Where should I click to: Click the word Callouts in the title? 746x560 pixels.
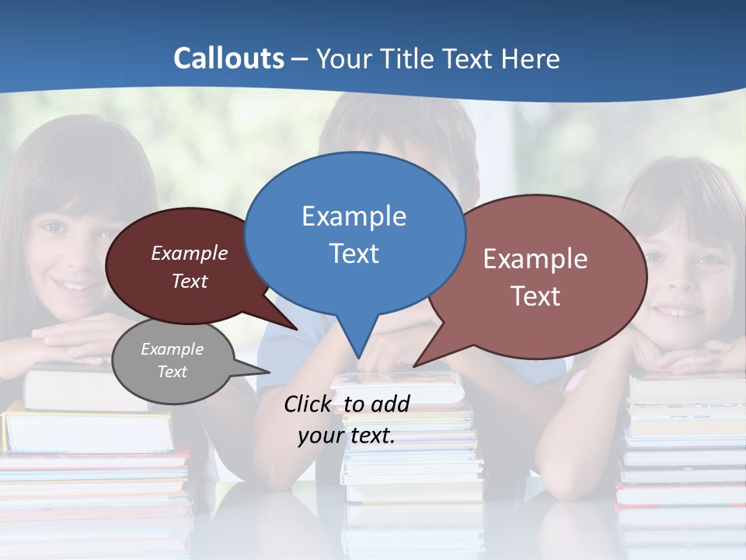pos(228,58)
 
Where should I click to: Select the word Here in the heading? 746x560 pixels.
pos(530,58)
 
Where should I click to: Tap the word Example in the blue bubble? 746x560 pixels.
pos(354,216)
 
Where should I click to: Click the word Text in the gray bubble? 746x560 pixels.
pos(172,372)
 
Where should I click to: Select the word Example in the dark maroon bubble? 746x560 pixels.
pos(190,254)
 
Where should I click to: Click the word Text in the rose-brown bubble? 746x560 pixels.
pos(535,296)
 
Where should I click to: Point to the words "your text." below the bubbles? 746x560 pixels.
pos(347,436)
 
